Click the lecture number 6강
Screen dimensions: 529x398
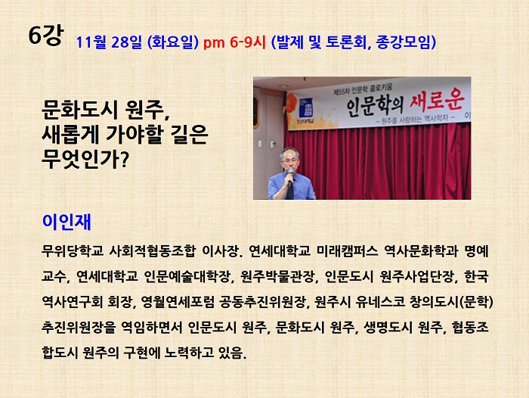(x=45, y=35)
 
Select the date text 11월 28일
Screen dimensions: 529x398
(x=109, y=42)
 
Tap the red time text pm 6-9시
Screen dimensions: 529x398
(x=234, y=42)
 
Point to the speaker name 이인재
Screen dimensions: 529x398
(x=67, y=222)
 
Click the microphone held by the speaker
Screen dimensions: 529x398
(x=290, y=176)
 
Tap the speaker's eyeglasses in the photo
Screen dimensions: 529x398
(x=289, y=160)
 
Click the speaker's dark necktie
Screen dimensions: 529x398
(x=290, y=190)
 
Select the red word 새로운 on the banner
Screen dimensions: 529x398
(x=437, y=100)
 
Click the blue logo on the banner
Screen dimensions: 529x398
(x=305, y=108)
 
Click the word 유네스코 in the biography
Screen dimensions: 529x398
(x=379, y=302)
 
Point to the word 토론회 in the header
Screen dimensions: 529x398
(x=345, y=42)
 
